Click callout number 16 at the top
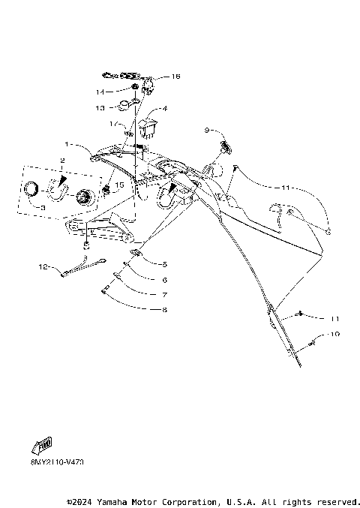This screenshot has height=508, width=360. [x=176, y=77]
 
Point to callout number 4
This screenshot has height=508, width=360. [x=164, y=109]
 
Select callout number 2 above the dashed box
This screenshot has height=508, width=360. [x=62, y=161]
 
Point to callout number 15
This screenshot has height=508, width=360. [x=118, y=185]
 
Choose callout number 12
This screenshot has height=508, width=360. [x=43, y=266]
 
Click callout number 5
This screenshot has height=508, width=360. [x=164, y=264]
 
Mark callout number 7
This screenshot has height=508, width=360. [x=164, y=294]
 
